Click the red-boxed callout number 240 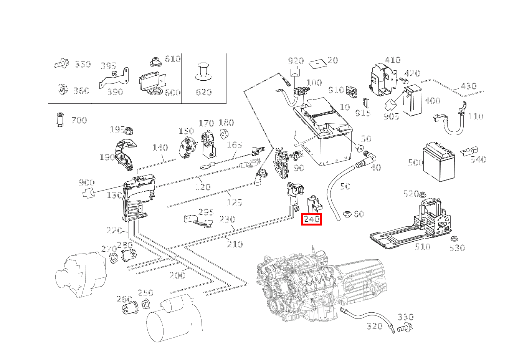(311, 219)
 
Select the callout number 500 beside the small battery (415, 163)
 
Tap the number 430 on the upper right (468, 86)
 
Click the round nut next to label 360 (62, 90)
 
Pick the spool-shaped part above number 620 (203, 72)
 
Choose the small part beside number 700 (59, 119)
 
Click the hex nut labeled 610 (155, 61)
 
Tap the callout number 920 (296, 61)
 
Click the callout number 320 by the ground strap (375, 326)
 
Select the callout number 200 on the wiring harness (177, 275)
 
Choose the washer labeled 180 (224, 134)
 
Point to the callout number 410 (393, 60)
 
